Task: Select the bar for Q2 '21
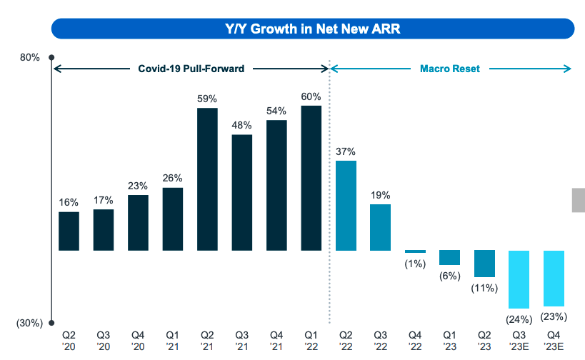click(207, 179)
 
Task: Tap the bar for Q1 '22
click(311, 178)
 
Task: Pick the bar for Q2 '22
click(346, 206)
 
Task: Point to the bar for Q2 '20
click(69, 231)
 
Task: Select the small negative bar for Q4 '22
click(415, 251)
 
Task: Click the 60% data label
click(311, 96)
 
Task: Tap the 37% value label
click(346, 151)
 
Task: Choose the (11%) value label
click(484, 289)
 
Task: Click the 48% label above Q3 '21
click(242, 125)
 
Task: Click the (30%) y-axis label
click(29, 323)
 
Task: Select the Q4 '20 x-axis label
click(138, 340)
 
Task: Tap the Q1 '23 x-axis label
click(450, 340)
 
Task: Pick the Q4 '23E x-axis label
click(554, 340)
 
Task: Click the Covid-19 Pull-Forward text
click(191, 69)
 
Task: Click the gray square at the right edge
click(578, 200)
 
